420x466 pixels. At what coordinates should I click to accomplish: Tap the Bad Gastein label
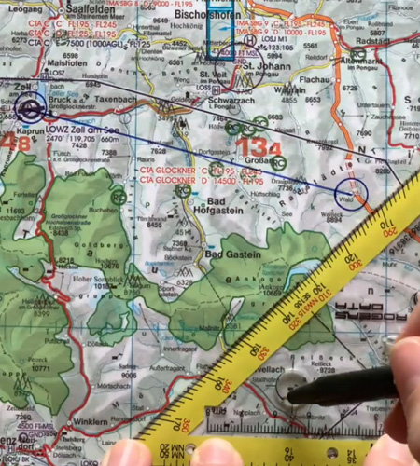point(230,254)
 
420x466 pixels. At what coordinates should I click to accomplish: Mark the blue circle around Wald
point(351,195)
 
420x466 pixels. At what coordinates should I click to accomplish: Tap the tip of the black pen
point(291,394)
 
